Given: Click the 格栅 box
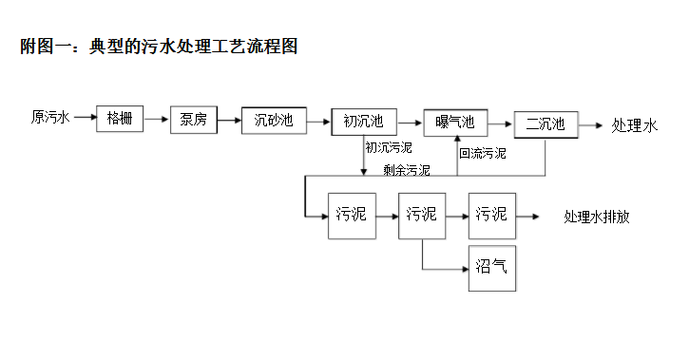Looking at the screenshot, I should [120, 119].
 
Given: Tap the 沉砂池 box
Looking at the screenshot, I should [273, 121].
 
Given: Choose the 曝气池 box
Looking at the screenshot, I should [454, 123].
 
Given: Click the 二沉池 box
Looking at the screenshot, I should [545, 124].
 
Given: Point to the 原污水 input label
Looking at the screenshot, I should [50, 118].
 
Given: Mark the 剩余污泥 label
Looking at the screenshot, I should [407, 171].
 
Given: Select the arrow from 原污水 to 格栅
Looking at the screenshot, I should [84, 119].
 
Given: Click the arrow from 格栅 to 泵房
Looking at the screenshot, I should [157, 119].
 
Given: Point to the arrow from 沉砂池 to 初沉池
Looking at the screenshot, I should [317, 121].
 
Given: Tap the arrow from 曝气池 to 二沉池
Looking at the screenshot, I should [500, 123].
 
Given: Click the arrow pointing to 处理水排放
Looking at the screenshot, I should [530, 216].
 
